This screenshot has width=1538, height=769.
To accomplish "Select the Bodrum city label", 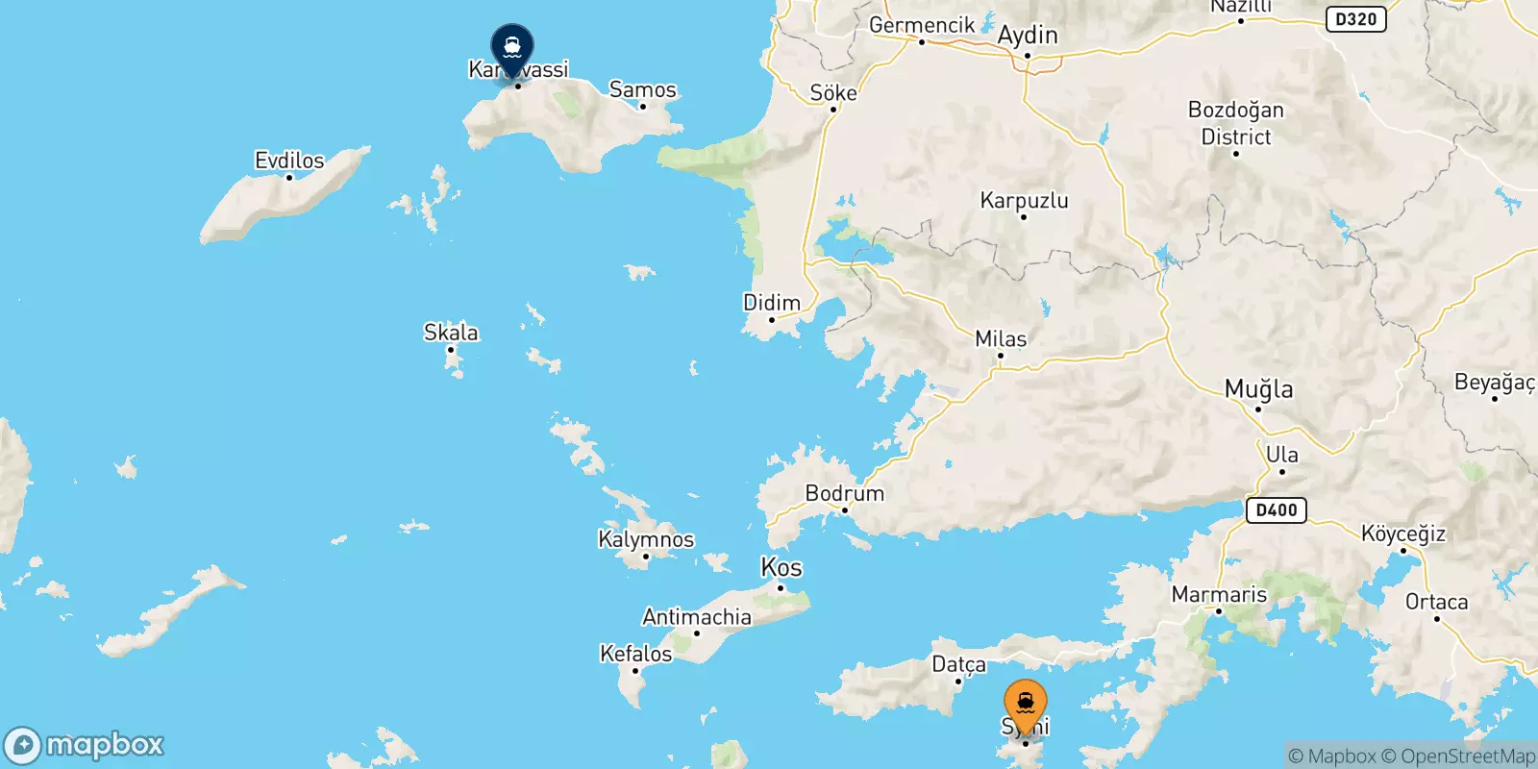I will pos(844,493).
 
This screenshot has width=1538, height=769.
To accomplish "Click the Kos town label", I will pos(781,567).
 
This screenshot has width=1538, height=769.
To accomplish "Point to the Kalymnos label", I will pos(646,539).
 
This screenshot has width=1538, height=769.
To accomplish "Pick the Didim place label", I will pos(772,303).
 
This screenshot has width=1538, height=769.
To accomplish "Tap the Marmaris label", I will pos(1219,594).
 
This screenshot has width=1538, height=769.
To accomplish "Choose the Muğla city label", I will pos(1258,389).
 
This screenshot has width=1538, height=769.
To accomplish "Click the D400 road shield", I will pos(1277,509).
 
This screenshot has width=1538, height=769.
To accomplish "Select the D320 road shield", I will pos(1355,18).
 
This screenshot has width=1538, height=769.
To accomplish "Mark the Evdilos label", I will pos(289,161).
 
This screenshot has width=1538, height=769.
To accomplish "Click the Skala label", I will pos(451,333).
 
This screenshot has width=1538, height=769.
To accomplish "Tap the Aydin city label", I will pos(1028,36).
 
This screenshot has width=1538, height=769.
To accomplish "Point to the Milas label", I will pos(1001,338).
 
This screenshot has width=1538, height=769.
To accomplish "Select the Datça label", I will pos(958,664).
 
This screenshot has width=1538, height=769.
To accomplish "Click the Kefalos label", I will pos(635,654).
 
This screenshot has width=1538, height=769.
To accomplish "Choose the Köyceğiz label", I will pos(1402,533).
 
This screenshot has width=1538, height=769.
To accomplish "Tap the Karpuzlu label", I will pos(1024,200).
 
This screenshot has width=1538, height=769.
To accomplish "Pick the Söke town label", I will pos(833,92).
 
